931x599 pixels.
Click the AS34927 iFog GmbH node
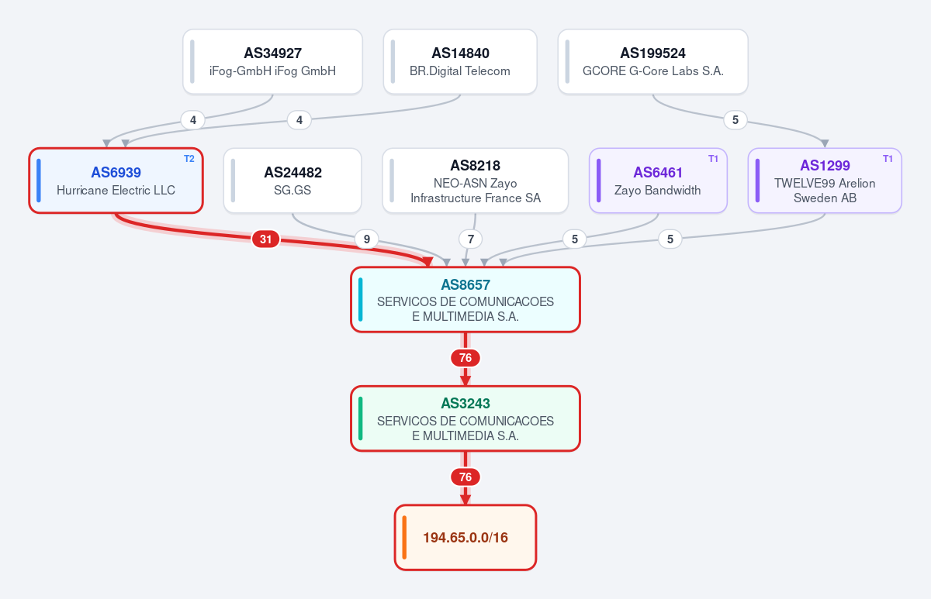point(272,61)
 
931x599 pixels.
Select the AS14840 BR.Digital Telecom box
point(460,61)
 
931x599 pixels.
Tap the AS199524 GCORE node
point(653,61)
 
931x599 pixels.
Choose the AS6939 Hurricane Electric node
point(116,181)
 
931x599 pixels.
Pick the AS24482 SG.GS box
point(292,181)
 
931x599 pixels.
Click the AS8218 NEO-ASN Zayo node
point(476,181)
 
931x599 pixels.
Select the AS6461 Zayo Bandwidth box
point(658,181)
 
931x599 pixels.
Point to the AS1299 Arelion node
point(825,181)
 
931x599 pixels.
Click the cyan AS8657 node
point(465,300)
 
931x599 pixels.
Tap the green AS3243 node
point(465,418)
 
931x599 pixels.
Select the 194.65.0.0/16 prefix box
point(465,538)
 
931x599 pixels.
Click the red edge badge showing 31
point(265,239)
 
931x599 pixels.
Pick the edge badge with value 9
point(366,239)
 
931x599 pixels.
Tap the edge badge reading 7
point(470,239)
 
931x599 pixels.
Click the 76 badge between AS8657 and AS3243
point(465,358)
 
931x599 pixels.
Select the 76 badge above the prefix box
point(465,477)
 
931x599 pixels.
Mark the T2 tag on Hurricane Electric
point(189,159)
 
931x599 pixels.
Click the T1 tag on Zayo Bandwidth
point(713,159)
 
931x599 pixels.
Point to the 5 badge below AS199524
point(735,120)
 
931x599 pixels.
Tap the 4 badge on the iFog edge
point(193,120)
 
